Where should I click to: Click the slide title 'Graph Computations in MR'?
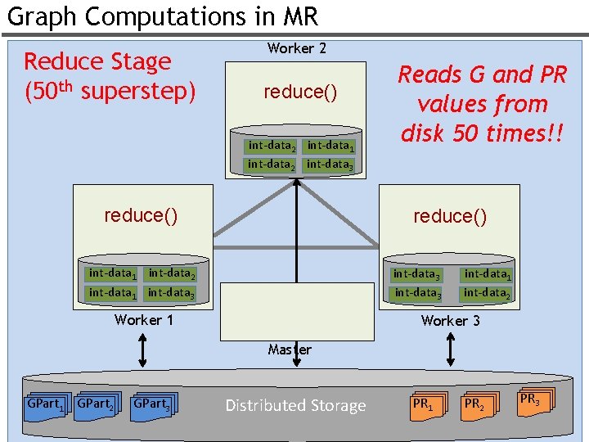tap(162, 16)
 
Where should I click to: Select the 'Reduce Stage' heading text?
tap(97, 61)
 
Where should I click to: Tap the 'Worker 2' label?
tap(296, 48)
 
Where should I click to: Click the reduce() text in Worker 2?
tap(299, 92)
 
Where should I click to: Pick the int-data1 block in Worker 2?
tap(330, 146)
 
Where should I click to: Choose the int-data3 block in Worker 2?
tap(330, 165)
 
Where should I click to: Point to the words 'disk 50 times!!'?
tap(482, 132)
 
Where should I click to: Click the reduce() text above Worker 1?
tap(141, 215)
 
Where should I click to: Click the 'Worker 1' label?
tap(144, 320)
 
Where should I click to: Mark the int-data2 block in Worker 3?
tap(487, 292)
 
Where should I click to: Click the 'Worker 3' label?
tap(450, 320)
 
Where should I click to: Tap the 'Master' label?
tap(290, 350)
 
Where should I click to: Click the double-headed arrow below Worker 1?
tap(143, 350)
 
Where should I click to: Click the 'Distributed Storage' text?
tap(295, 406)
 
